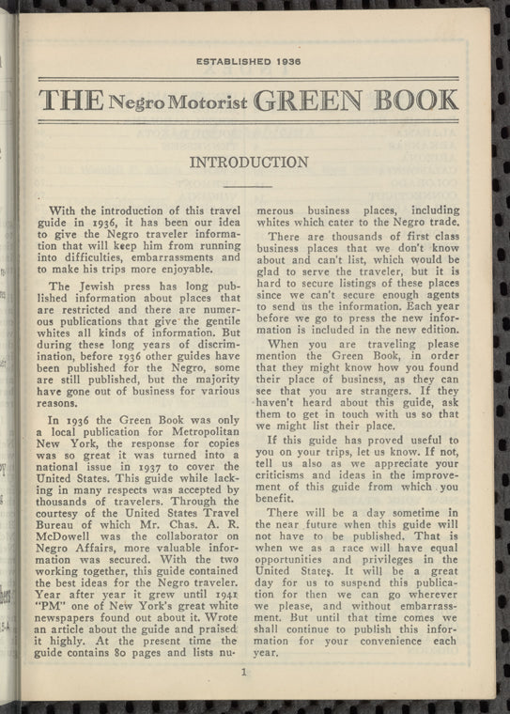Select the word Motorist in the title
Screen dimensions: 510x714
pos(200,101)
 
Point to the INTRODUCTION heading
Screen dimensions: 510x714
pos(249,163)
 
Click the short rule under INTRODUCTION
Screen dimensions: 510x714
pos(248,188)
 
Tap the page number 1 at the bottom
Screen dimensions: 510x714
pos(243,671)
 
